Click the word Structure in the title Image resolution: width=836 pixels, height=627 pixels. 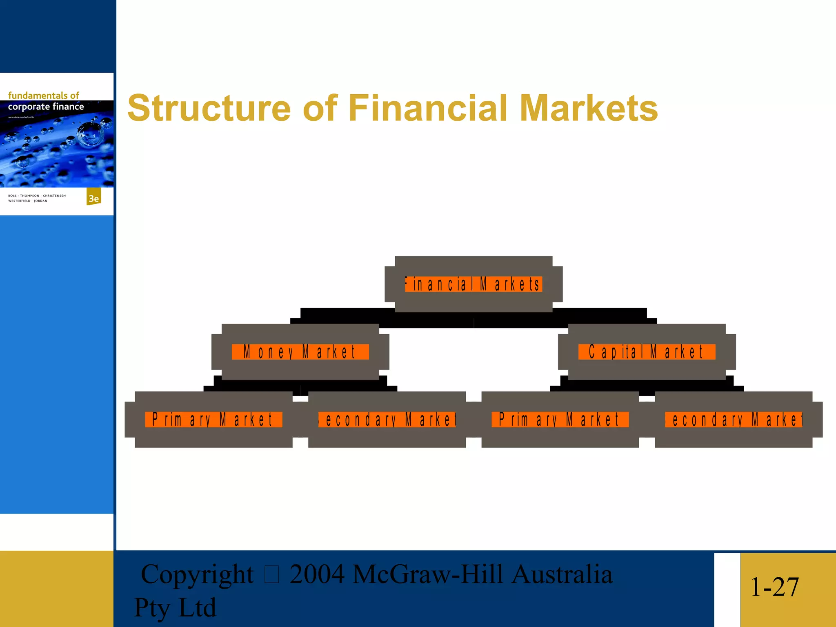(209, 109)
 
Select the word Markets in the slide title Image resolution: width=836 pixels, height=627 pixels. (589, 109)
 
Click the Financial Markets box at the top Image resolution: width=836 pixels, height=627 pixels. (474, 284)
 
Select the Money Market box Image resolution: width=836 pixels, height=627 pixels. (300, 352)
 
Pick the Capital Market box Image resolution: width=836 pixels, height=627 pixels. (647, 352)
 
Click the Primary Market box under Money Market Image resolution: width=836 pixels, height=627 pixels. (213, 420)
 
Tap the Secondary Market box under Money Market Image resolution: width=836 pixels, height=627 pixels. (387, 420)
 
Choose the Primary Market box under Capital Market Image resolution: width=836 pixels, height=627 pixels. (560, 420)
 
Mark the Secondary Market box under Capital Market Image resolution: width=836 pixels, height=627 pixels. (734, 420)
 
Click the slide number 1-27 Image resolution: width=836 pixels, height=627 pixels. (774, 587)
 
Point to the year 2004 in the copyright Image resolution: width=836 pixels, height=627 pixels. (317, 574)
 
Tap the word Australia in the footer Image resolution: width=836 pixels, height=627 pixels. (562, 574)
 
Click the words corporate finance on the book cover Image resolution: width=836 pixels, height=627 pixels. (46, 107)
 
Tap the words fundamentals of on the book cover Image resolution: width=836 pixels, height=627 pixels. (43, 96)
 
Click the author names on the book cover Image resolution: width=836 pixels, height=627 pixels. (37, 198)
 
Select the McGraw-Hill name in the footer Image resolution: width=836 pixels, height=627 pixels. (427, 574)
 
